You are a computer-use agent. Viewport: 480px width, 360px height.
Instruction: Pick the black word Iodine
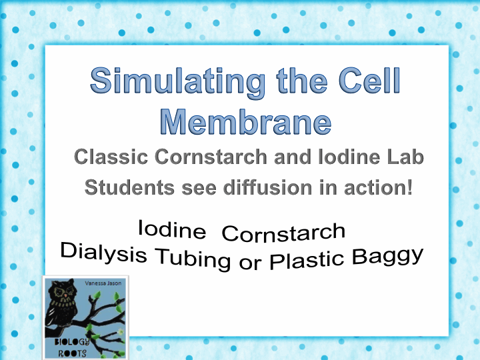(x=171, y=230)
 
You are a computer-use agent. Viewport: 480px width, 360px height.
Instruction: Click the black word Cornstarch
(x=283, y=233)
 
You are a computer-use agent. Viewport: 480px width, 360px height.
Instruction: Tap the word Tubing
(x=192, y=257)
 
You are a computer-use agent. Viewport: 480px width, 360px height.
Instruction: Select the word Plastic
(x=307, y=260)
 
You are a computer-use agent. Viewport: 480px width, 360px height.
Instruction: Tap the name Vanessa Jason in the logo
(x=104, y=284)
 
